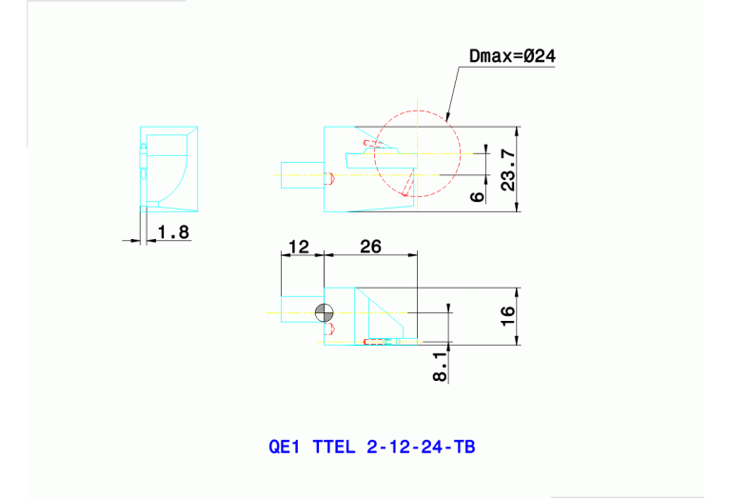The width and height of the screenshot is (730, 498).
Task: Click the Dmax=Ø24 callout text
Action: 511,56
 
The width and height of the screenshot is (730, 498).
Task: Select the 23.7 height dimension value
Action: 508,169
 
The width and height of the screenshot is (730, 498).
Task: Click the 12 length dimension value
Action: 299,247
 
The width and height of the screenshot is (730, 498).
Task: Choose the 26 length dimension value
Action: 370,247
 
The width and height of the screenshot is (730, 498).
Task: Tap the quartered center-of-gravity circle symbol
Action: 324,311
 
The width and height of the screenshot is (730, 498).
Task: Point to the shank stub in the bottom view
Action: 302,311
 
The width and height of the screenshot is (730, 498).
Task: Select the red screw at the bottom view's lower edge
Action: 381,341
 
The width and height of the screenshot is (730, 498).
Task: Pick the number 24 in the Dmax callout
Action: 544,56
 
